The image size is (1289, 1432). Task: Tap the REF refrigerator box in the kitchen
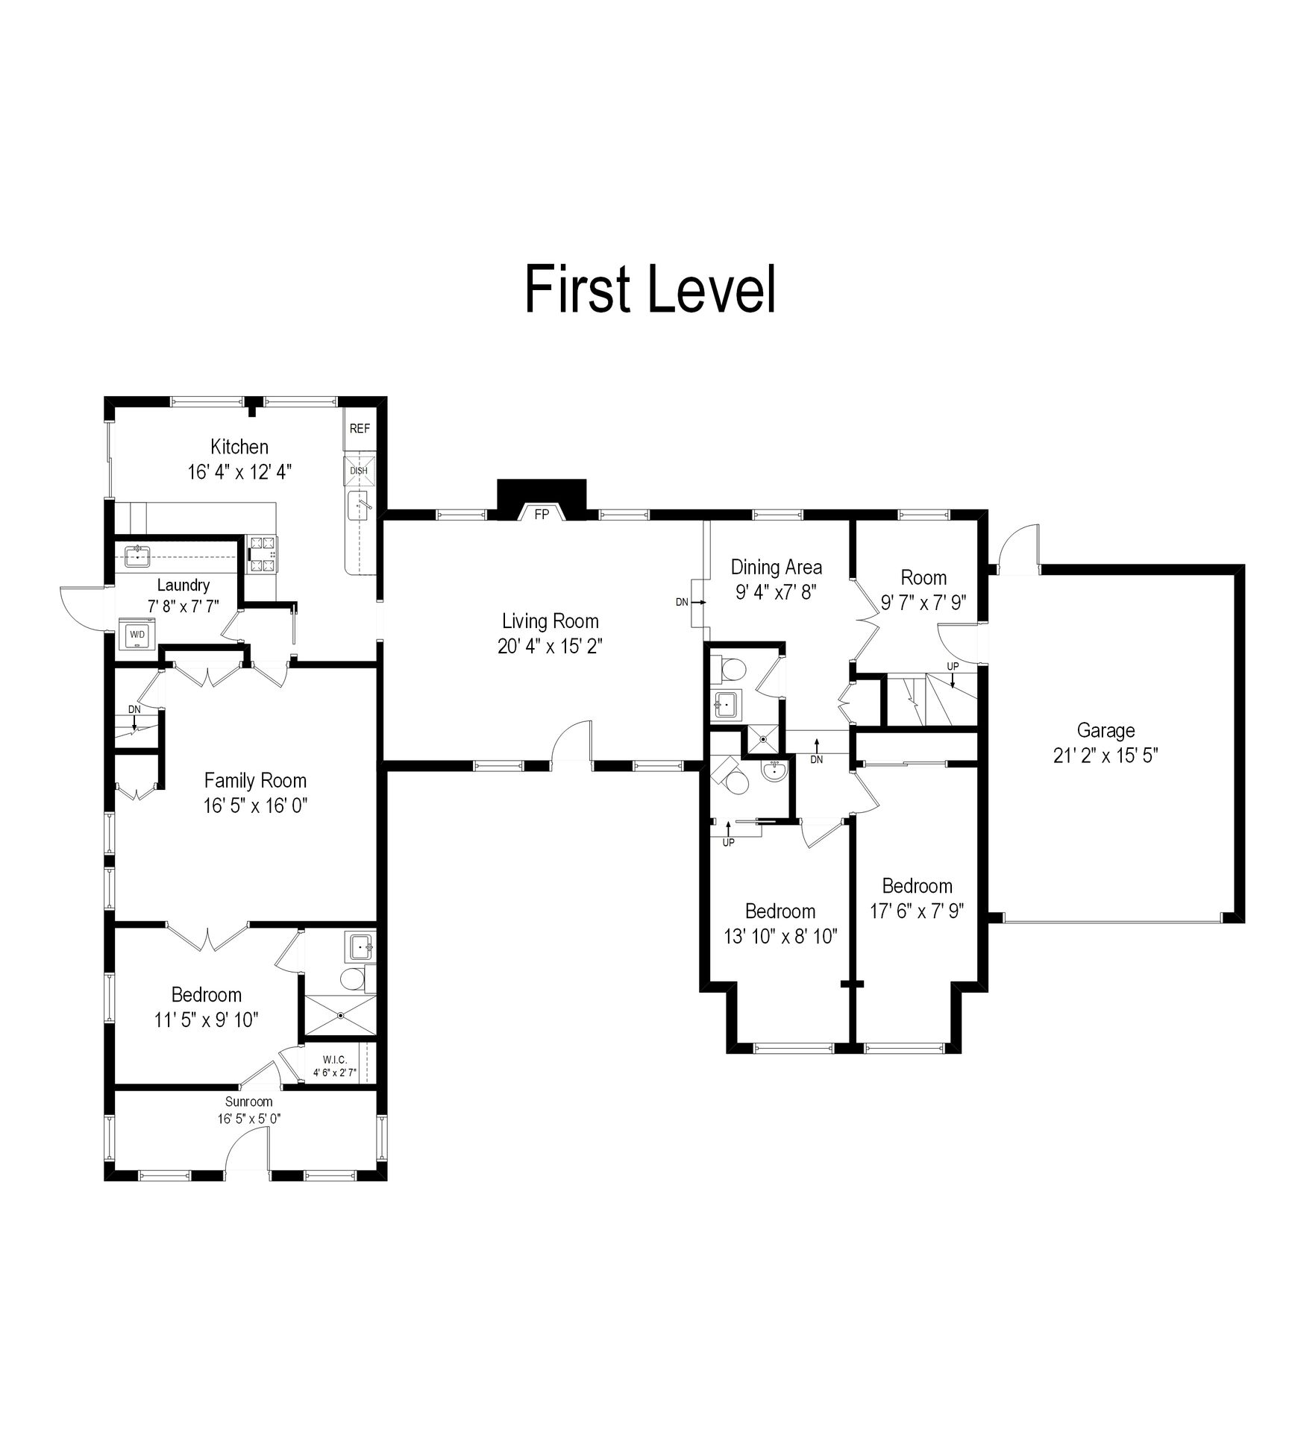pos(360,429)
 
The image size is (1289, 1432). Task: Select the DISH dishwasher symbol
pos(359,471)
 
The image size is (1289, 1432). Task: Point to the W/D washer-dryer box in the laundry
pos(137,635)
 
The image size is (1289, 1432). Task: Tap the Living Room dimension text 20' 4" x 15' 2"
pos(550,645)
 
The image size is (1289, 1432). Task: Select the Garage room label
pos(1105,730)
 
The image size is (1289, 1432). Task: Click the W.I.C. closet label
pos(334,1059)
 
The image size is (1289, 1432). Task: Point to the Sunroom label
pos(249,1102)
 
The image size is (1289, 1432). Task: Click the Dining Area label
pos(776,568)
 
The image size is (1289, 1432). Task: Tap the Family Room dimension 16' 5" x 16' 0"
pos(256,805)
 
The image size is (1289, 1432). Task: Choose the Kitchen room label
pos(239,447)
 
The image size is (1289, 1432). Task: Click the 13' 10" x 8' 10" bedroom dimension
pos(780,936)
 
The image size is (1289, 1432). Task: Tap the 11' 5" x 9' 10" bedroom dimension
pos(207,1020)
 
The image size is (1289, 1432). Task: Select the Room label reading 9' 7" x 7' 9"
pos(924,602)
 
